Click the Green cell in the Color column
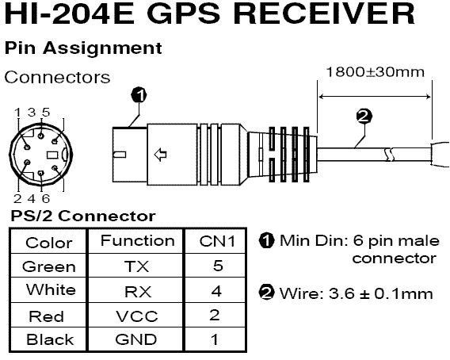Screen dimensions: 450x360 tap(49, 267)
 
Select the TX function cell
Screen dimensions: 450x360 tap(136, 266)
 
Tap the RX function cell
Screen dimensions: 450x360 tap(138, 292)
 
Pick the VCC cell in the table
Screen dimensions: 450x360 tap(137, 316)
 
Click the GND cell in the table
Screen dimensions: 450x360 tap(136, 339)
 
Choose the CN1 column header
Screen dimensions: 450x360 tap(217, 241)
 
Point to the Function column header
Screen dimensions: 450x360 tap(138, 241)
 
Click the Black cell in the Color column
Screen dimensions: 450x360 tap(50, 339)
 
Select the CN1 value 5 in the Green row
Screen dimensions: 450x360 tap(218, 266)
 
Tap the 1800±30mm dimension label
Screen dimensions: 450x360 tap(375, 72)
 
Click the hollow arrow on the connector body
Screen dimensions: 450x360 tap(160, 155)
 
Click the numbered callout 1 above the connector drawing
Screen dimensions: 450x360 tap(139, 95)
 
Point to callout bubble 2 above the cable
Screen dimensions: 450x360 tap(364, 117)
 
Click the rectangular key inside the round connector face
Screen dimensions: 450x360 tap(52, 155)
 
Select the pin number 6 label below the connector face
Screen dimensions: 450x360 tap(46, 198)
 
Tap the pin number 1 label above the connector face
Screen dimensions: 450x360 tap(17, 113)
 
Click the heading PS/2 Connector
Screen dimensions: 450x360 tap(83, 216)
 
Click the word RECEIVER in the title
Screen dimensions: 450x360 tap(324, 13)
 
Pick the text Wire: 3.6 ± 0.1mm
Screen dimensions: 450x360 tap(356, 293)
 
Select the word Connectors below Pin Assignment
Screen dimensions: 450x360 tap(57, 77)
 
